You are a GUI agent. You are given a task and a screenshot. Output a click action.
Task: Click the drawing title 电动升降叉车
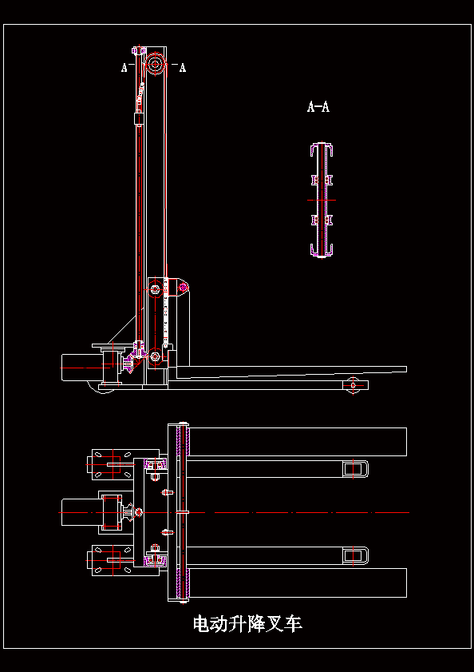[247, 624]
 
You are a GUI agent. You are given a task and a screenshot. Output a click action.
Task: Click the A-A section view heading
[318, 106]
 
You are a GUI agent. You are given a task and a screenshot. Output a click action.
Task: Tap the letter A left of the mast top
[124, 68]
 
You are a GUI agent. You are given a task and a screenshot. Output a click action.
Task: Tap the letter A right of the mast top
[183, 68]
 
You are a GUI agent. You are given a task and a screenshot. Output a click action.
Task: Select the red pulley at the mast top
[155, 65]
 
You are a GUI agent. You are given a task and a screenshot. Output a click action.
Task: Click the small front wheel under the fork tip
[353, 385]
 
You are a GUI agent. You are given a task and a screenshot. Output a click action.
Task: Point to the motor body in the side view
[81, 368]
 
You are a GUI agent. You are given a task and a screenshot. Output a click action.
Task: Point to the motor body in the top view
[81, 512]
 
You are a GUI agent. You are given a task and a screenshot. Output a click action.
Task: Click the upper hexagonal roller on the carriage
[155, 290]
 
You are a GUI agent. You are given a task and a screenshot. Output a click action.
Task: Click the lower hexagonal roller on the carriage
[155, 356]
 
